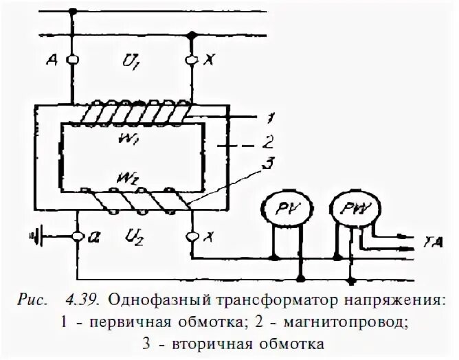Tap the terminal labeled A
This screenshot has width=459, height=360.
pyautogui.click(x=70, y=60)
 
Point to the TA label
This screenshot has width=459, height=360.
pyautogui.click(x=428, y=242)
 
